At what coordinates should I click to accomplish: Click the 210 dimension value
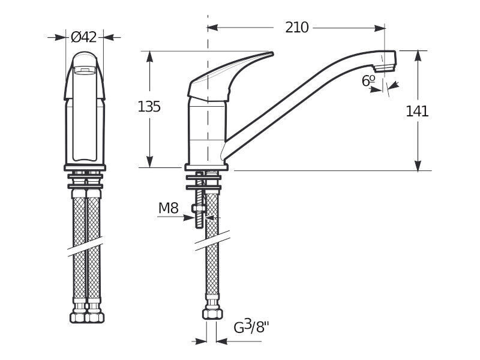coord(296,28)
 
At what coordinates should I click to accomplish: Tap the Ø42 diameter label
coord(83,37)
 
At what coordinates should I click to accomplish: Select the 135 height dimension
coord(149,107)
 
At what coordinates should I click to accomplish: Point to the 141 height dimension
coord(417,111)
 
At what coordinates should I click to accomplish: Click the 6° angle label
coord(368,81)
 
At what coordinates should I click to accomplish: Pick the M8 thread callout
coord(169,208)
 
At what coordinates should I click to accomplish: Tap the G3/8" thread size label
coord(251,326)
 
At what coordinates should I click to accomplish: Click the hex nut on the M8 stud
coord(199,208)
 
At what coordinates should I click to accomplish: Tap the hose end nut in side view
coord(212,314)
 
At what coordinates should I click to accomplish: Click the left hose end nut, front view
coord(79,317)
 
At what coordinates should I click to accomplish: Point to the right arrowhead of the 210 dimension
coord(380,28)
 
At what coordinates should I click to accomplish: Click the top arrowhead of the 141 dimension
coord(418,56)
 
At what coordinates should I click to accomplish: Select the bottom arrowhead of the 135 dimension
coord(149,162)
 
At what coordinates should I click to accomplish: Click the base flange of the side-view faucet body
coord(206,167)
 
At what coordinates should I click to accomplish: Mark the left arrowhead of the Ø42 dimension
coord(61,37)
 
